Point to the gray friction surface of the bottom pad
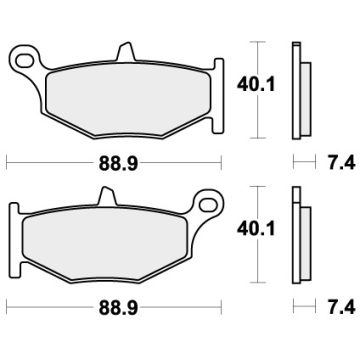(x=120, y=234)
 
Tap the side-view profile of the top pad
(x=296, y=90)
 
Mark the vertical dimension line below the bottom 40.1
(x=259, y=262)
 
